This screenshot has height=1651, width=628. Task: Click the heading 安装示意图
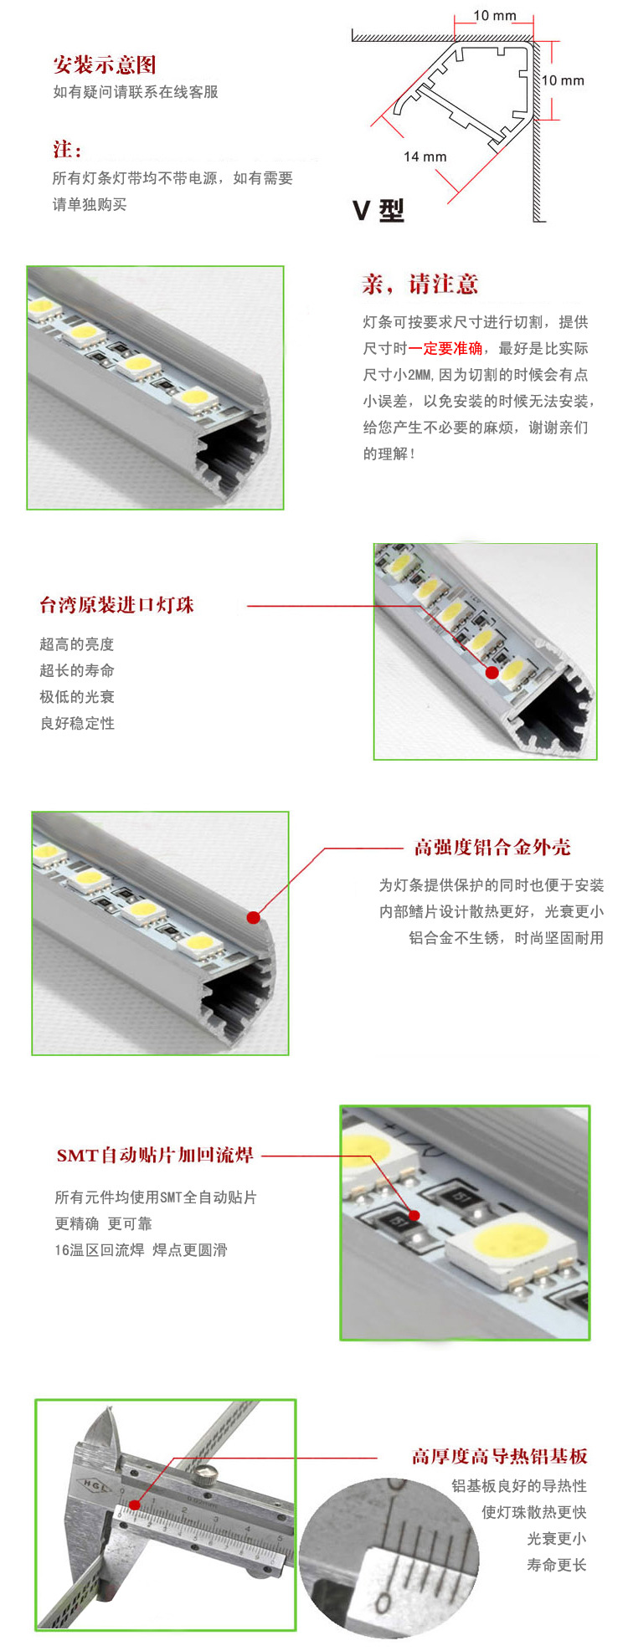(x=105, y=65)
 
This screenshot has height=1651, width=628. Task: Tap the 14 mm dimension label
(x=425, y=156)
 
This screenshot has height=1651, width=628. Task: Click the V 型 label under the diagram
(x=378, y=210)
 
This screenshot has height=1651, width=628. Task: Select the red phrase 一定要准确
(x=445, y=348)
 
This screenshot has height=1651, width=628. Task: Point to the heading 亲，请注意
(x=420, y=285)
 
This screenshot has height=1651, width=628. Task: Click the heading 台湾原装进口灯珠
(x=116, y=605)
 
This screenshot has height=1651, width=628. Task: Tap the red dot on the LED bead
(x=492, y=672)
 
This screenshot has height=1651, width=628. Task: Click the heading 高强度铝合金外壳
(x=492, y=848)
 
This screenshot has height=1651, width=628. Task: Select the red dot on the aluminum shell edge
(x=253, y=917)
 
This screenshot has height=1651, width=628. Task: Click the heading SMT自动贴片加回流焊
(x=155, y=1156)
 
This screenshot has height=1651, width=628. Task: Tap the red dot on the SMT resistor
(x=413, y=1215)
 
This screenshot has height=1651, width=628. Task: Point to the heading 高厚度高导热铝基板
(x=499, y=1457)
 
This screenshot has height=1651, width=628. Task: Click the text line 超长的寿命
(x=77, y=670)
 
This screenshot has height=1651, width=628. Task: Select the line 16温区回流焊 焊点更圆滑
(x=141, y=1250)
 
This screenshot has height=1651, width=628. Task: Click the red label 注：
(x=68, y=150)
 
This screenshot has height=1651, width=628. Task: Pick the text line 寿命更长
(x=557, y=1565)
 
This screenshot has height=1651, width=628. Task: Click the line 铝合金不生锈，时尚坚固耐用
(x=506, y=938)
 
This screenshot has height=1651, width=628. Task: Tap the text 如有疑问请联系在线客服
(x=136, y=92)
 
